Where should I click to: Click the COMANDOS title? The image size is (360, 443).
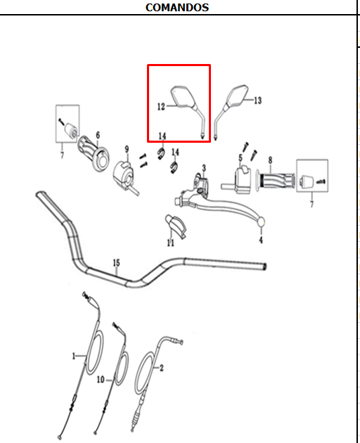177,8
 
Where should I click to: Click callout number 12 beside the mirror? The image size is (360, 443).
161,106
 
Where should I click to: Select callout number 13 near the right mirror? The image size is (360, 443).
258,101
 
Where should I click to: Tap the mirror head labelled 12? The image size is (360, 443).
183,96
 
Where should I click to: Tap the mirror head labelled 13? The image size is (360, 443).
237,95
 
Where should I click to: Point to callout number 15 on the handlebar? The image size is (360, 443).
117,263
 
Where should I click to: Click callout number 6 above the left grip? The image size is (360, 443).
98,135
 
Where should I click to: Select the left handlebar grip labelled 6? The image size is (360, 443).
94,153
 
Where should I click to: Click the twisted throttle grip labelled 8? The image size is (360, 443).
276,181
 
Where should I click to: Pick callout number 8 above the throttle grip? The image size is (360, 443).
271,160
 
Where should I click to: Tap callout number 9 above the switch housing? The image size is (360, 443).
127,149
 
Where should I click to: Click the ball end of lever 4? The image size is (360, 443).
261,222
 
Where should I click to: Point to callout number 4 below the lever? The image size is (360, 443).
261,240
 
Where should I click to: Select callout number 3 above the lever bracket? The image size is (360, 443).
204,168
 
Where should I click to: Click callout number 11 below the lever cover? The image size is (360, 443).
170,243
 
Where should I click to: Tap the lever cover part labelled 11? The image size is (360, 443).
176,226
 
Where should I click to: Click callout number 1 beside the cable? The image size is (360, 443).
74,356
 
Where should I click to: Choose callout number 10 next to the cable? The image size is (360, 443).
101,379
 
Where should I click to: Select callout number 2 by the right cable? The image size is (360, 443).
161,368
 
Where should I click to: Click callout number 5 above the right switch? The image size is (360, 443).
240,158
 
